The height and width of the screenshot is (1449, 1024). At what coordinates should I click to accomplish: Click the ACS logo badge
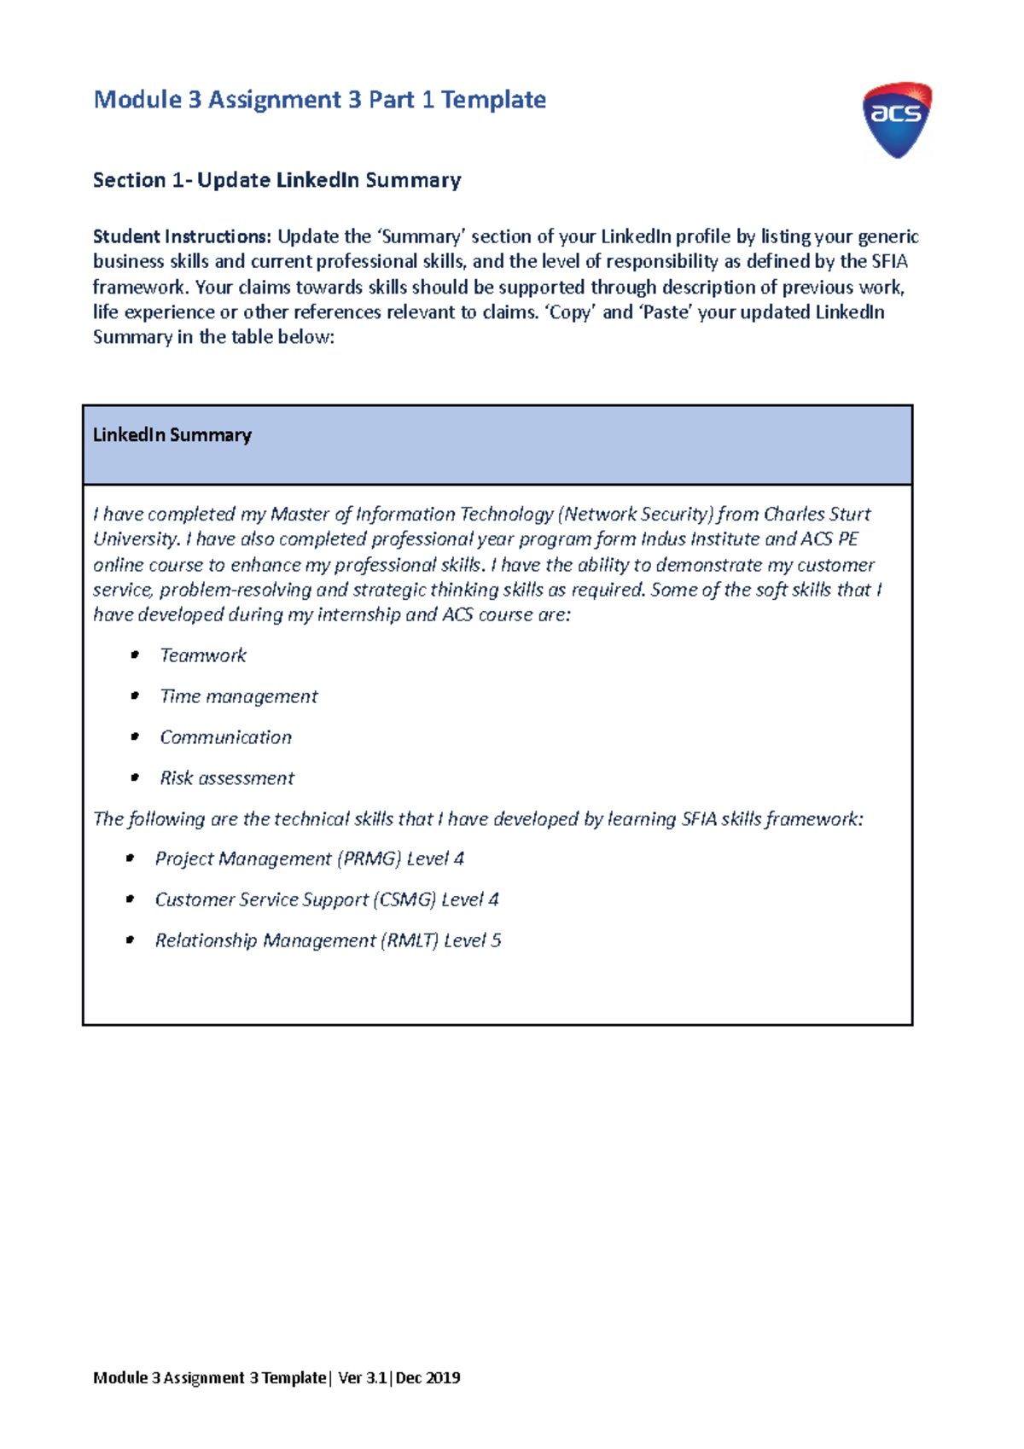(896, 119)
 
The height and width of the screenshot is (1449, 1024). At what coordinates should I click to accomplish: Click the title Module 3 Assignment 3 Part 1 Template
(319, 100)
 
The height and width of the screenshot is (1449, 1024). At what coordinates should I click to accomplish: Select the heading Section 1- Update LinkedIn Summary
(276, 180)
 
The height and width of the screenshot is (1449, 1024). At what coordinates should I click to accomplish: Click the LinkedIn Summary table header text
(172, 435)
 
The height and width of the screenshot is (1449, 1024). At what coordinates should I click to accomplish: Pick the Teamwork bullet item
(203, 655)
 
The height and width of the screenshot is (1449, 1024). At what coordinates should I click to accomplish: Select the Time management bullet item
(238, 696)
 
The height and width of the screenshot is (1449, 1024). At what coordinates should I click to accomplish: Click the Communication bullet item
(225, 737)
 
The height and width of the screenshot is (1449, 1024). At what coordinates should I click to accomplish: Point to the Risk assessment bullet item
(227, 778)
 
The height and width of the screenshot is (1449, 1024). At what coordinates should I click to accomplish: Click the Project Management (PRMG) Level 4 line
(309, 858)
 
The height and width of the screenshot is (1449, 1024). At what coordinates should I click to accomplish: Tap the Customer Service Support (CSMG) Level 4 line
(326, 899)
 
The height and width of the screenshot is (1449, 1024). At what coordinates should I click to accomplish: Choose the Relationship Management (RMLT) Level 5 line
(328, 940)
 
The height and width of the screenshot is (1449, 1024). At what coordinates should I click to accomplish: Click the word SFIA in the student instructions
(889, 261)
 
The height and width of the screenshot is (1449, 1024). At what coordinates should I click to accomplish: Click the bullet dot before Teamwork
(135, 655)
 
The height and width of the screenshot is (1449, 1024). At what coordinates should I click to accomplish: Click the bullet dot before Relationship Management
(130, 940)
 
